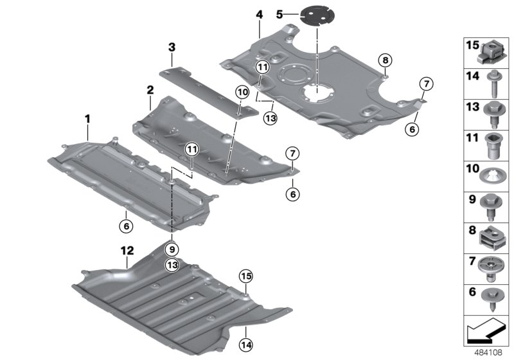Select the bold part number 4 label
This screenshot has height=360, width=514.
pos(259,14)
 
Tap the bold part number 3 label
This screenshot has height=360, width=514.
pos(172,47)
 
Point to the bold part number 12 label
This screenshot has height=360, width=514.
pos(127,249)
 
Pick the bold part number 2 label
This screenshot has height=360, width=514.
pos(149,89)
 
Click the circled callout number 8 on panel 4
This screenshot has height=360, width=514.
pos(384,60)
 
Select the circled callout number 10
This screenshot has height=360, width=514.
pos(241,93)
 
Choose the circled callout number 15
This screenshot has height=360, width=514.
pos(245,276)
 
